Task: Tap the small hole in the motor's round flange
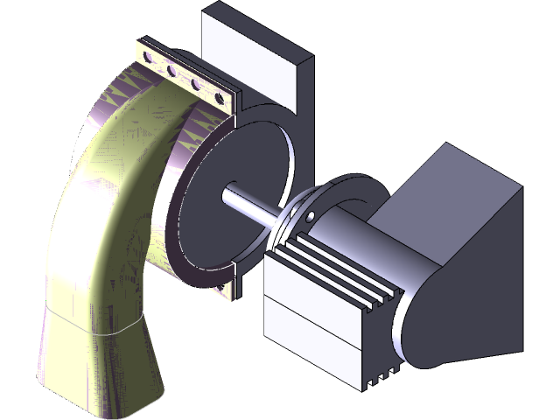(x=310, y=215)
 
